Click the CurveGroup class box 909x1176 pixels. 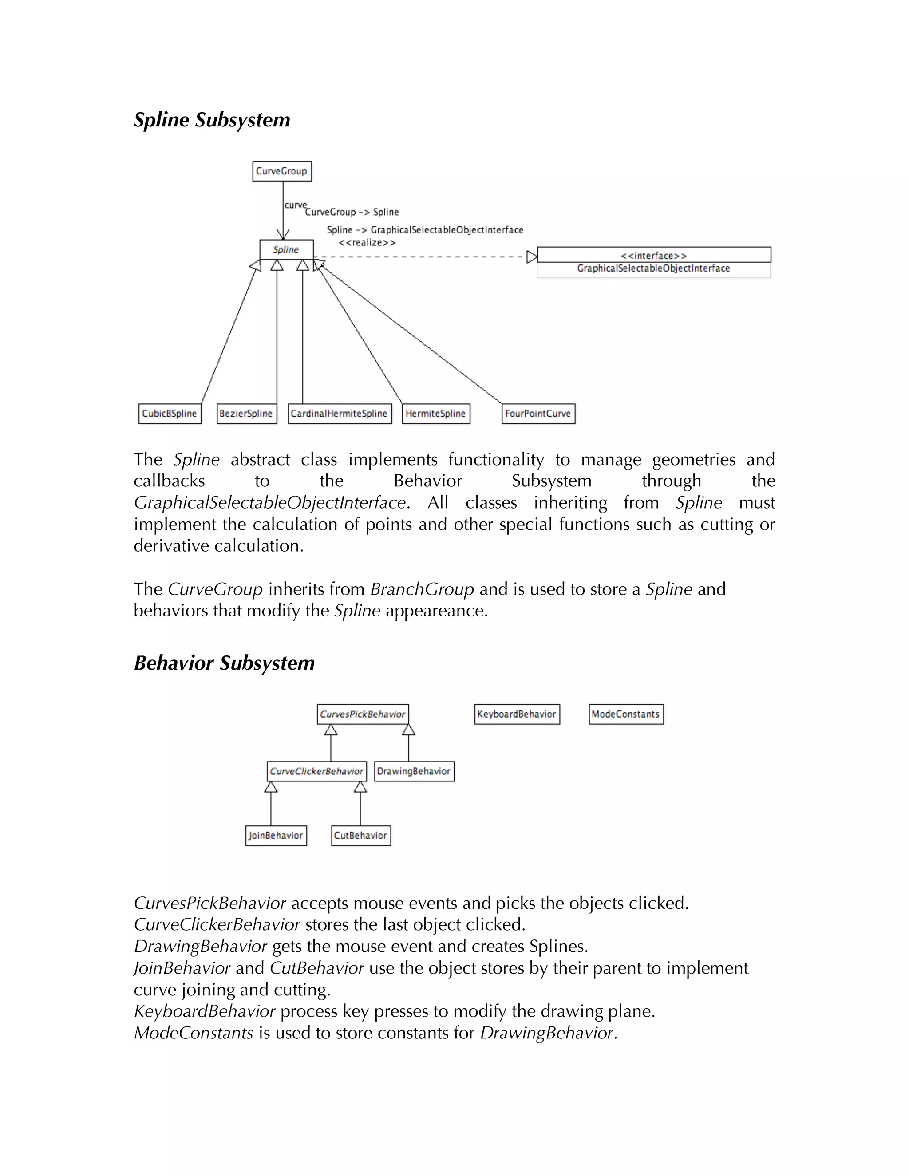point(282,171)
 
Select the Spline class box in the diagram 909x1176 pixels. point(286,249)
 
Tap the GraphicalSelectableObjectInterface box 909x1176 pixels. point(654,262)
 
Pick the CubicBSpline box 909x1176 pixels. point(170,414)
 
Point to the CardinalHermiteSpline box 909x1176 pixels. point(339,414)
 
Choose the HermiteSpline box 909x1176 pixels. point(436,414)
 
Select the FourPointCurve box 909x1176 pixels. point(538,414)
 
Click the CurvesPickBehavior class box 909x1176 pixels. point(363,714)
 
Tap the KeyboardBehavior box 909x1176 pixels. point(517,714)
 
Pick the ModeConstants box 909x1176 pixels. point(626,714)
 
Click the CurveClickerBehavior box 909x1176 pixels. point(316,771)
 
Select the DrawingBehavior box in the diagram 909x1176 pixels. point(414,771)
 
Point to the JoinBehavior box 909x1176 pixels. point(276,835)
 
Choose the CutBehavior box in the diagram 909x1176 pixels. point(360,835)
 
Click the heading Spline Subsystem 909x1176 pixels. point(212,119)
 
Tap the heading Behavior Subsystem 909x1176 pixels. point(224,663)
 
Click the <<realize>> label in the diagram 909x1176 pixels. point(367,242)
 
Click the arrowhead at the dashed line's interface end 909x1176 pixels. point(531,257)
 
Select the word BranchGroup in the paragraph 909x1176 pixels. point(422,589)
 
